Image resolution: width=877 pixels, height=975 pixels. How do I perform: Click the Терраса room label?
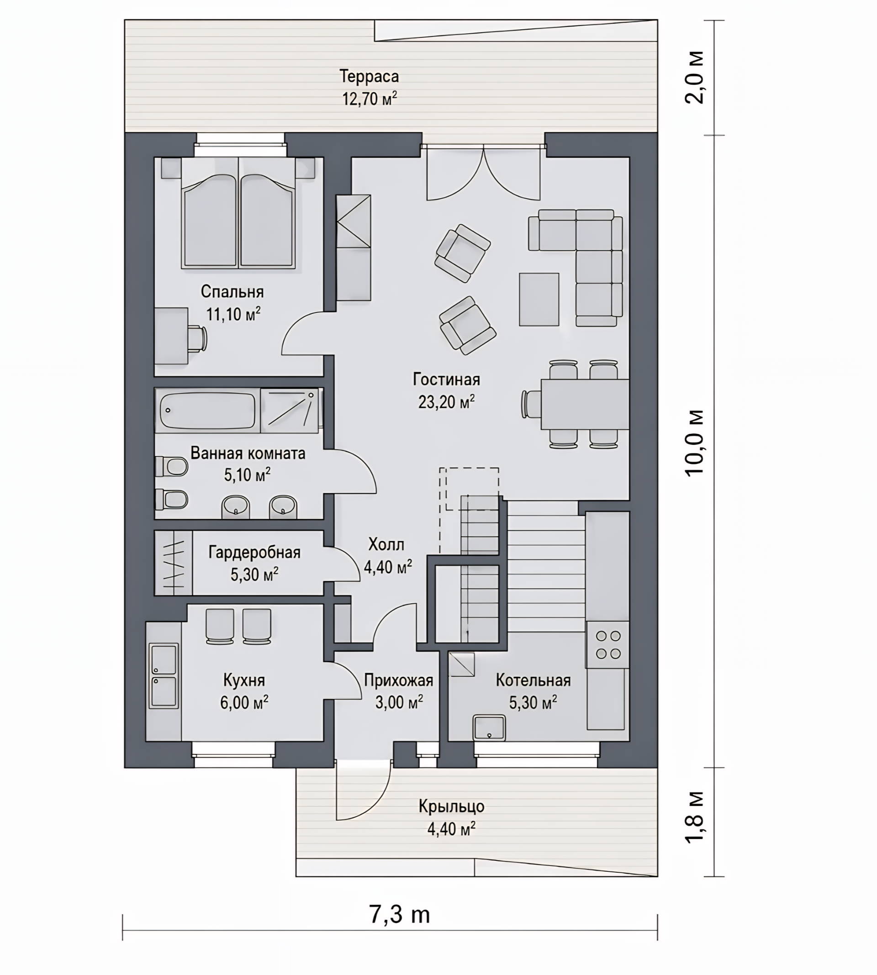369,76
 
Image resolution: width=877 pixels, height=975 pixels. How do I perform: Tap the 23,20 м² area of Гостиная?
446,402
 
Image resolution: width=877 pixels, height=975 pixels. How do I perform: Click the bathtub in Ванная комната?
207,411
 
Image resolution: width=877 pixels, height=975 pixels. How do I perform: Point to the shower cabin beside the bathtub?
289,411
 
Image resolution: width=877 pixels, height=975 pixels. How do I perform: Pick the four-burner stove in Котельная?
608,644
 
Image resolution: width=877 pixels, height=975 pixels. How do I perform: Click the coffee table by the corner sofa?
539,299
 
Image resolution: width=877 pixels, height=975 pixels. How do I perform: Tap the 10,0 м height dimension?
695,442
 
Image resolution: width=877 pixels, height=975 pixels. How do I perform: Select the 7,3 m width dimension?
400,914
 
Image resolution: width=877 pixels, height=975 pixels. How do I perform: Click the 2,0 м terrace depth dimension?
695,77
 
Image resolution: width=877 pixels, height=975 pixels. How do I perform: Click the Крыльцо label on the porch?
451,806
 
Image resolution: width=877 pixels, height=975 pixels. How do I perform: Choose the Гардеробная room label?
254,552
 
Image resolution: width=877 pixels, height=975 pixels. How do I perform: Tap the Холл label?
386,544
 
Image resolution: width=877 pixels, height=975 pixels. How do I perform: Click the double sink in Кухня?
164,676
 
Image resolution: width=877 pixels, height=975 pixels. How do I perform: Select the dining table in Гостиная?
585,404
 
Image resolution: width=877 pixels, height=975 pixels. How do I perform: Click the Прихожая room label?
398,680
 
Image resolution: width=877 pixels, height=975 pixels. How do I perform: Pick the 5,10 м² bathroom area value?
247,474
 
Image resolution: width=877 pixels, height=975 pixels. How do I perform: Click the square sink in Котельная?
489,727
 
